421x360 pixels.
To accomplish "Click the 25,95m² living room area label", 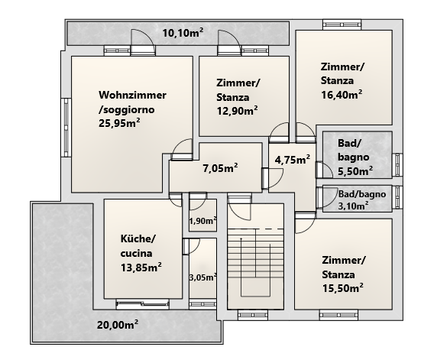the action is tap(119, 123).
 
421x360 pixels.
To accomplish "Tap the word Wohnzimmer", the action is tap(132, 95).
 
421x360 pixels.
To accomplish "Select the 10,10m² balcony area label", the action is tap(183, 33).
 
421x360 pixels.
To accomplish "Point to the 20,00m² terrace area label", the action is tap(118, 325).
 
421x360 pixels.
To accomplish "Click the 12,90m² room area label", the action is tap(237, 110).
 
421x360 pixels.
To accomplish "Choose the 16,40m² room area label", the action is tap(342, 95).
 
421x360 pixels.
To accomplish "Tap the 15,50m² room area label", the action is tap(343, 288).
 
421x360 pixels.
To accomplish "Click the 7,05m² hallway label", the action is tap(220, 168).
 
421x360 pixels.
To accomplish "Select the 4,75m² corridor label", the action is tap(293, 160).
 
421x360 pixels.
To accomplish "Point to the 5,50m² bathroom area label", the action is tap(355, 171).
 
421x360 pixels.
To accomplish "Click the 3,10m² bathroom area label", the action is tap(353, 206).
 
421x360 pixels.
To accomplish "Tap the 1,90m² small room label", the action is tap(203, 221).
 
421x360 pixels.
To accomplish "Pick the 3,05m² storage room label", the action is tap(203, 277).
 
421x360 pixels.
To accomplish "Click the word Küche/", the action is tap(138, 238).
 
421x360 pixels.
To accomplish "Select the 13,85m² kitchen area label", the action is tap(141, 268).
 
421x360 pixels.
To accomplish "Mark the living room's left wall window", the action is tap(66, 128).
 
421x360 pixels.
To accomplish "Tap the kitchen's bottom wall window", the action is tap(143, 304).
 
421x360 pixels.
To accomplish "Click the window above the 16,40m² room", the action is tap(342, 24).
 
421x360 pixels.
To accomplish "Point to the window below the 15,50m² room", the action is tap(338, 315).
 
